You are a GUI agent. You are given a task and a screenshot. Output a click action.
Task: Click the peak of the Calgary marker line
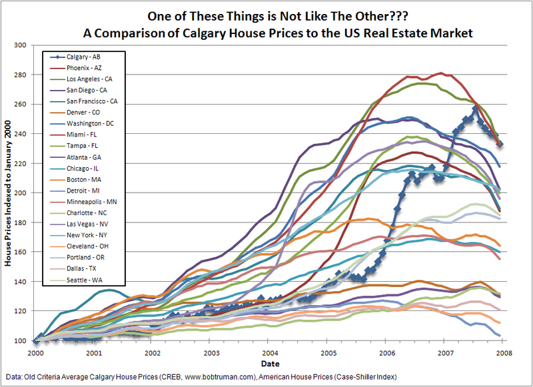(x=476, y=109)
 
